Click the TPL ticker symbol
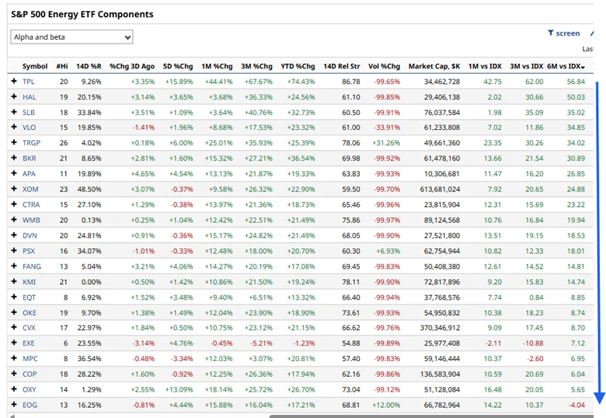point(29,82)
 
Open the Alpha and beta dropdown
point(71,37)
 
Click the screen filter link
point(564,33)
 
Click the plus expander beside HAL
point(13,97)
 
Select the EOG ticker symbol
point(30,405)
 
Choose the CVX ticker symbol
point(30,328)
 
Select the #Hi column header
point(62,66)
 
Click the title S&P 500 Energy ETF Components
point(82,14)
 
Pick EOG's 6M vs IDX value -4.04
point(576,405)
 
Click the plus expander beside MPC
point(13,359)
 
